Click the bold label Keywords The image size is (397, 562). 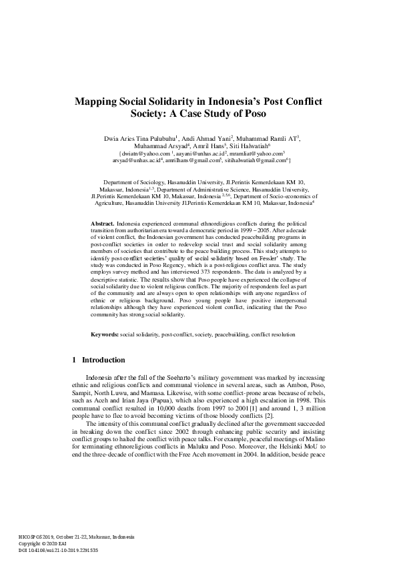(105, 333)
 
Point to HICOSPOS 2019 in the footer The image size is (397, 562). (35, 537)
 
